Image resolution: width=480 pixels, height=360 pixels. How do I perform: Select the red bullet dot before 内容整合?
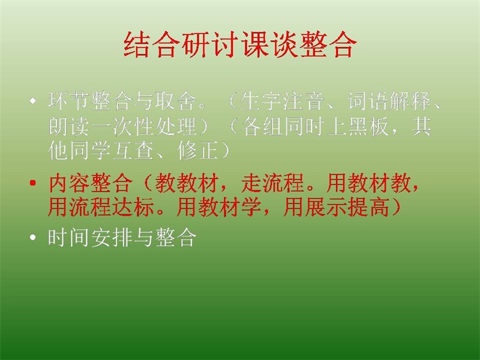(x=33, y=184)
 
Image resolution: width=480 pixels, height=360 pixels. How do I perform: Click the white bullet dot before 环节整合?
(x=33, y=101)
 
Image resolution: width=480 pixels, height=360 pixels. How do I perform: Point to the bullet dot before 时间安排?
(x=33, y=238)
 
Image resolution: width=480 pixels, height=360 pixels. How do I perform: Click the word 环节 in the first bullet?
(x=70, y=101)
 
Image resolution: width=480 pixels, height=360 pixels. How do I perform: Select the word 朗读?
(x=70, y=126)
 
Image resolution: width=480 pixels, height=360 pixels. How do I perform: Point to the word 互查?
(x=133, y=151)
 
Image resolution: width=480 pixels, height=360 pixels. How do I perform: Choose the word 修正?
(x=198, y=151)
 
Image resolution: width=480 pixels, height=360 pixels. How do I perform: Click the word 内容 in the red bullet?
(x=70, y=184)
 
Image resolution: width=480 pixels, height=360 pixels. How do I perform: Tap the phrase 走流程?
(x=273, y=184)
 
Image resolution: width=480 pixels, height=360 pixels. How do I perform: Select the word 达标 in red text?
(x=133, y=207)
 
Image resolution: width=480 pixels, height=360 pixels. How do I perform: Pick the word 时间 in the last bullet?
(x=70, y=238)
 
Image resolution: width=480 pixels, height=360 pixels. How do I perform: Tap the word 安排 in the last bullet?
(x=112, y=238)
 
